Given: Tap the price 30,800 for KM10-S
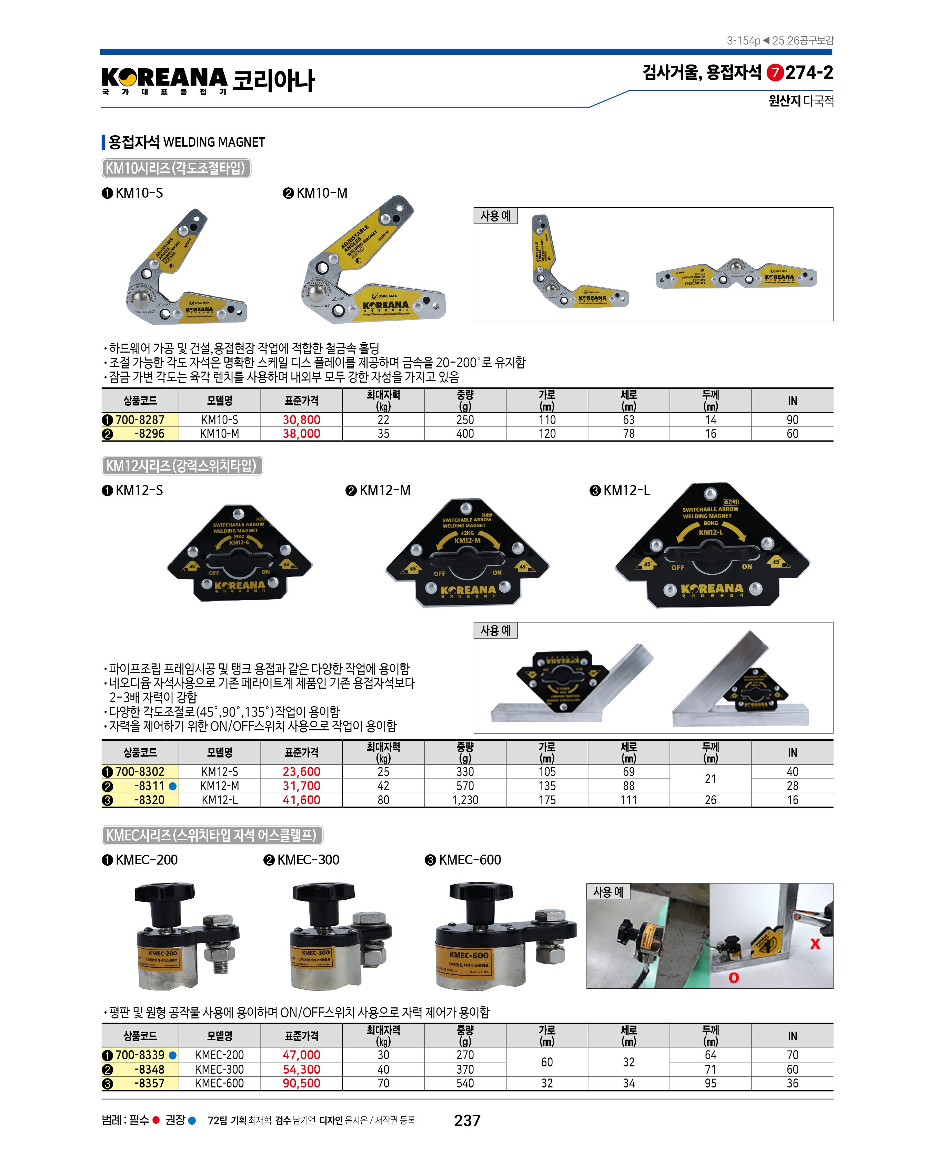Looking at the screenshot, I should [x=301, y=420].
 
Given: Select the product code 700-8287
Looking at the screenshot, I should [x=140, y=420].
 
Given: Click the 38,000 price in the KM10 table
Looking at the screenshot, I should [x=301, y=434].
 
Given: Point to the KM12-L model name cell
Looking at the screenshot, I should [x=220, y=800].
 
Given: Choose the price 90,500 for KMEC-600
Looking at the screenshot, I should [x=301, y=1083].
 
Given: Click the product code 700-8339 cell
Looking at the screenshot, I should [x=140, y=1055].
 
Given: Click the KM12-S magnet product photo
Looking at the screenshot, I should [x=239, y=555].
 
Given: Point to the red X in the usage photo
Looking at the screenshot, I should [x=815, y=944].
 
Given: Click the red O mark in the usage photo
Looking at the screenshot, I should [x=733, y=978].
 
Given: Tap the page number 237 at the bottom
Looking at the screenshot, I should [x=467, y=1120].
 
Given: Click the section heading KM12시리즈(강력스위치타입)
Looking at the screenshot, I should [x=182, y=466].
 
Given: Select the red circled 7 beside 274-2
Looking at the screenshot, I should [x=775, y=73].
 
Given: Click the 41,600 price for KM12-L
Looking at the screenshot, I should [x=301, y=800].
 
